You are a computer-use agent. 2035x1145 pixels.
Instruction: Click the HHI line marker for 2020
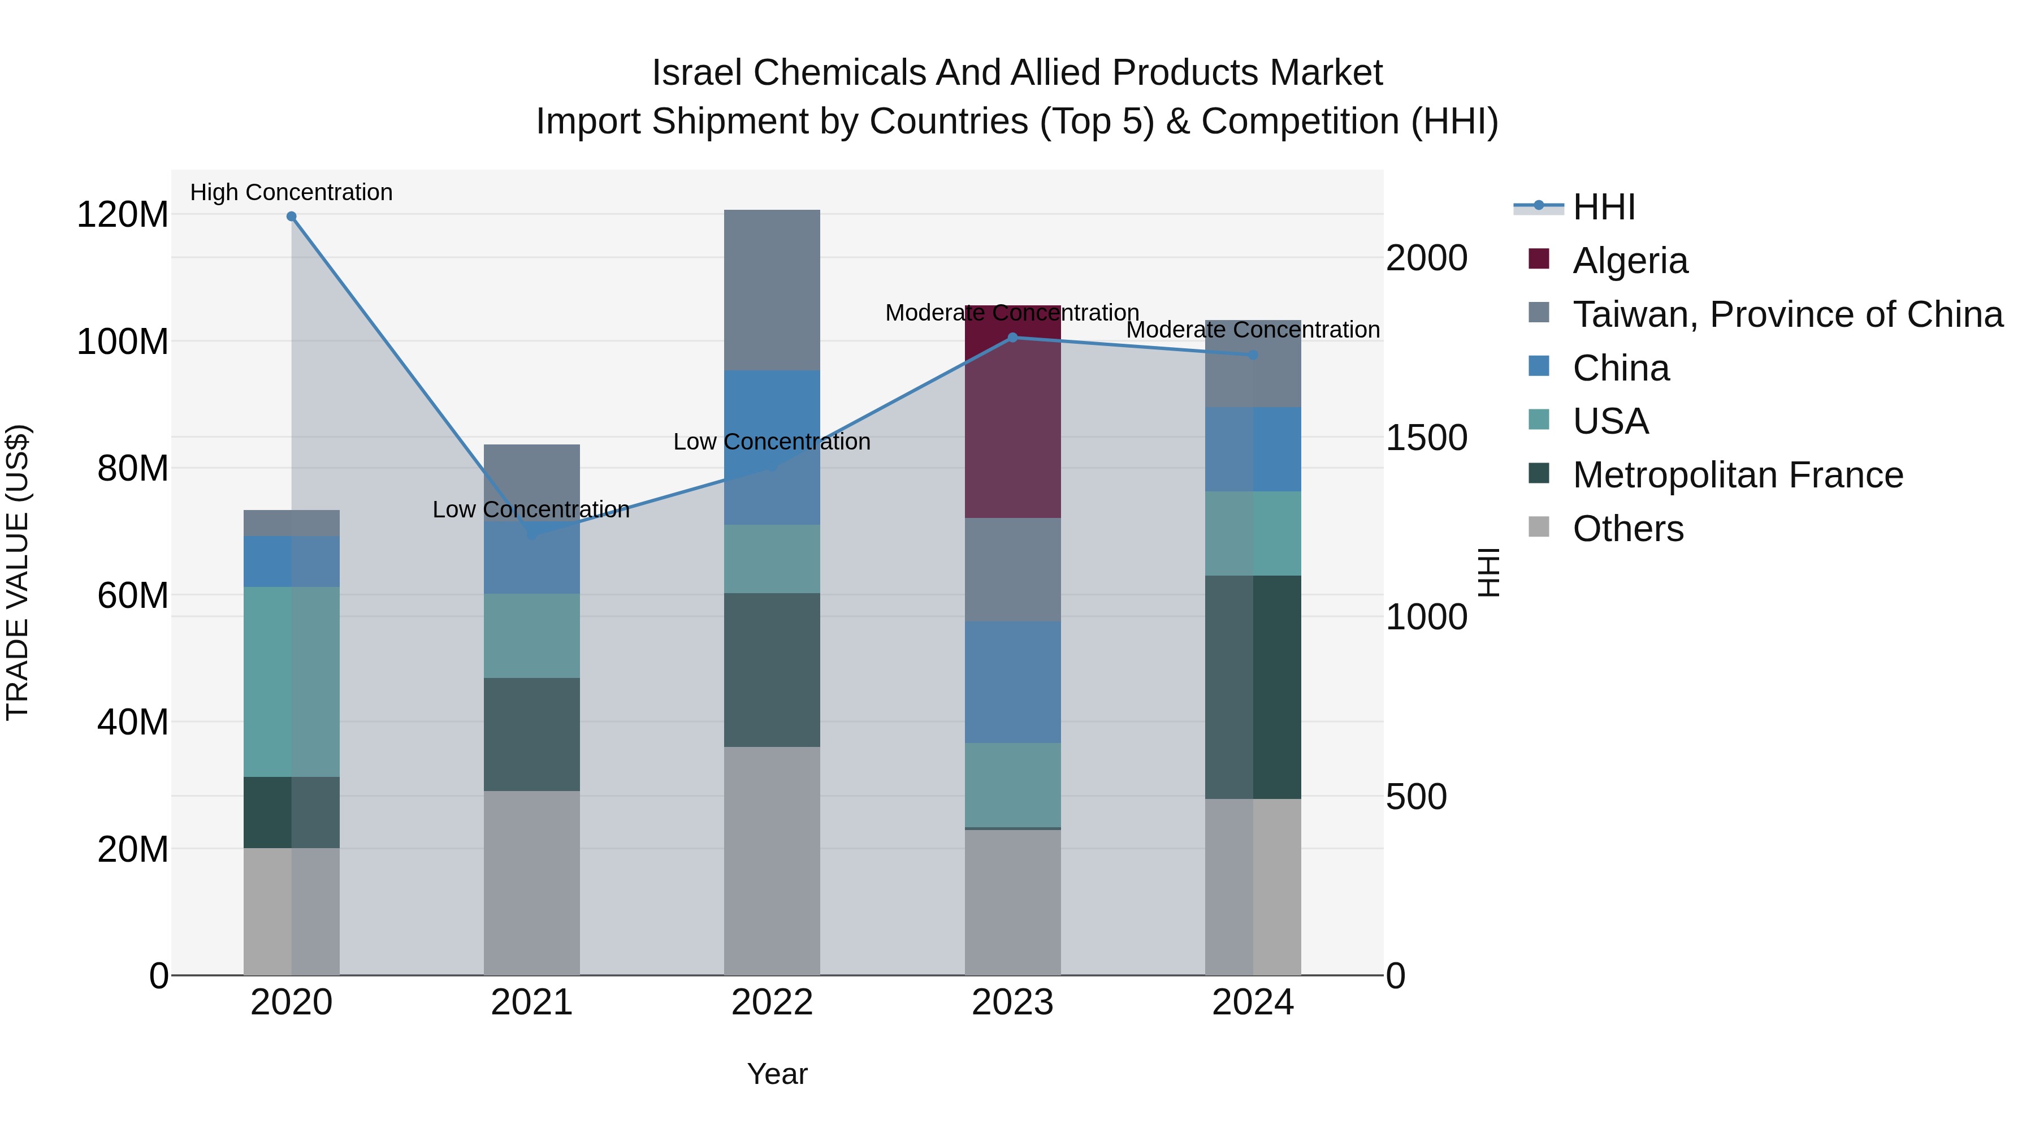coord(292,217)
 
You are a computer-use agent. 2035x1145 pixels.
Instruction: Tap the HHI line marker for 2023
coord(1013,338)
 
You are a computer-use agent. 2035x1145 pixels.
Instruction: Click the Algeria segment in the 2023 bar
coord(1013,411)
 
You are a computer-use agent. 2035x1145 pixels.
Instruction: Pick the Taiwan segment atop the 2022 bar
coord(772,290)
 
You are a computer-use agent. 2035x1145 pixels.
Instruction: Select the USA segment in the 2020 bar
coord(292,681)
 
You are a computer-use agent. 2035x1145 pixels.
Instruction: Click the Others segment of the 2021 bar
coord(532,883)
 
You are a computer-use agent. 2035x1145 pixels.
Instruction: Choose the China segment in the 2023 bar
coord(1013,682)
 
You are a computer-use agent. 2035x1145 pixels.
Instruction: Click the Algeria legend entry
coord(1630,261)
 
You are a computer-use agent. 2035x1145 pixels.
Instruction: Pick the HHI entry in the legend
coord(1604,207)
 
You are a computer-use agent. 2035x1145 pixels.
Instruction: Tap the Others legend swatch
coord(1539,527)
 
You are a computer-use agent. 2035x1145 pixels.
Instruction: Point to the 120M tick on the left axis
coord(123,215)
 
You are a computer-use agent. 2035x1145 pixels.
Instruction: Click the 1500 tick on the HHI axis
coord(1427,438)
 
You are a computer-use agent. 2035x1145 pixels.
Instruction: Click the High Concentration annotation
coord(292,192)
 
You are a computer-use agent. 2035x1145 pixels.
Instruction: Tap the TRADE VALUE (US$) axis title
coord(18,572)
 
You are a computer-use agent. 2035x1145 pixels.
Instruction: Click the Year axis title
coord(777,1074)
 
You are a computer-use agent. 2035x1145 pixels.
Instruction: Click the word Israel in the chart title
coord(696,73)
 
